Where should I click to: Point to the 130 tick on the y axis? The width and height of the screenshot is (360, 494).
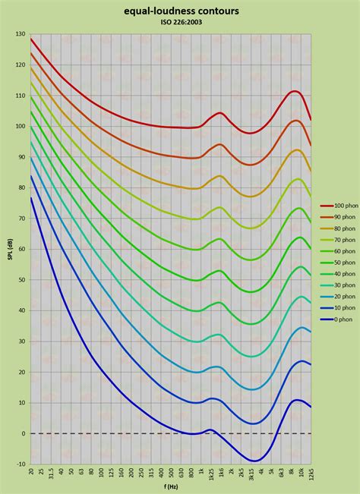coord(20,35)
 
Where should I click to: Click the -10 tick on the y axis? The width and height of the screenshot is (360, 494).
coord(21,464)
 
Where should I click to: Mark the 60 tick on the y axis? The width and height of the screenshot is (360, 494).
coord(21,249)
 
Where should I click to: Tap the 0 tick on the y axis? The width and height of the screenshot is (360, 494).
coord(23,433)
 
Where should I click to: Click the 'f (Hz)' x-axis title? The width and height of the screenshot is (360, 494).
coord(171,486)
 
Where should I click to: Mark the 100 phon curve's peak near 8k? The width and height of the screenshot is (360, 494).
coord(295,91)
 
